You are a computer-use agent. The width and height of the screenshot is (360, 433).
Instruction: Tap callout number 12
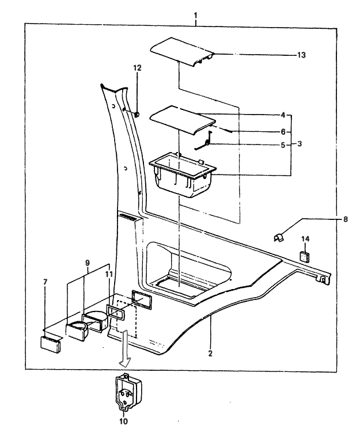pos(137,68)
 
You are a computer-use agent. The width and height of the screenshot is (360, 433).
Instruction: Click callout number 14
pos(305,238)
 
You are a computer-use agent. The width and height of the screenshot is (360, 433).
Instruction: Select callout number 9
pos(88,263)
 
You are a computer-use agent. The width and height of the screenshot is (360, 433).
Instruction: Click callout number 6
pos(283,131)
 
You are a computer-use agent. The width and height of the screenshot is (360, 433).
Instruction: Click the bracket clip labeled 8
pos(279,236)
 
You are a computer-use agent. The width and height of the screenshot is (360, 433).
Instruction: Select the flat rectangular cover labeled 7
pos(51,344)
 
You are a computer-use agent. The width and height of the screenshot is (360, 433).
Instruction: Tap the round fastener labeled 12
pos(138,115)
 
